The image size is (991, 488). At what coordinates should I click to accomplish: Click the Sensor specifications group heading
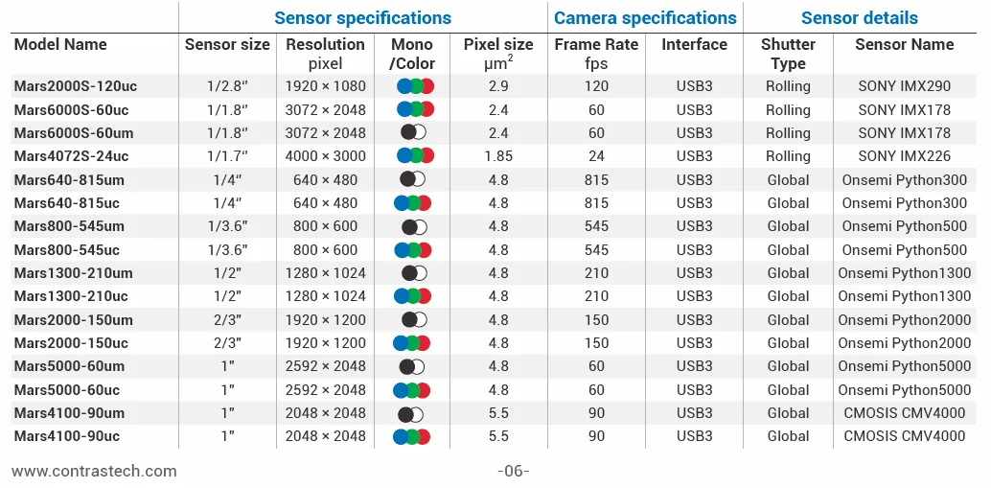363,17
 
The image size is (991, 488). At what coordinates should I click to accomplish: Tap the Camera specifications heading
645,17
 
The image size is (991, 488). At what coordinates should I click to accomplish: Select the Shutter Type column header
788,54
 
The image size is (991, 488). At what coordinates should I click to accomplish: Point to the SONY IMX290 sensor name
905,86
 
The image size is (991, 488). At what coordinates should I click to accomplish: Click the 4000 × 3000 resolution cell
326,156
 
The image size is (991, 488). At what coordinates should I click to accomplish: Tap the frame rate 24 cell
597,156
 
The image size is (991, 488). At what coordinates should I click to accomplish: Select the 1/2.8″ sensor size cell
227,86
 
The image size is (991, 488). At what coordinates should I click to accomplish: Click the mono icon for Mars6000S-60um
413,132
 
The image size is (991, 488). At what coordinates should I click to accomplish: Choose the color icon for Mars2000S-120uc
415,86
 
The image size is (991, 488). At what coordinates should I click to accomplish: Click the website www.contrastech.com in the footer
94,471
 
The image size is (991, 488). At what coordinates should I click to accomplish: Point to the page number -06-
513,471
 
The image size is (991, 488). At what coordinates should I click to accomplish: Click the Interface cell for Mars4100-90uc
694,436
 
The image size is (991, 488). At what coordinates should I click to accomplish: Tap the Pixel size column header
498,54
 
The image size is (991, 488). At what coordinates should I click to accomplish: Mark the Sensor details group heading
860,17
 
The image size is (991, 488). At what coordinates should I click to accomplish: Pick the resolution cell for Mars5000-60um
326,366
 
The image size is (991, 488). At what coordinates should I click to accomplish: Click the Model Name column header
60,45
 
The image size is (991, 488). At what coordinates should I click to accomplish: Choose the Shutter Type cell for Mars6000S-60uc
788,110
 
